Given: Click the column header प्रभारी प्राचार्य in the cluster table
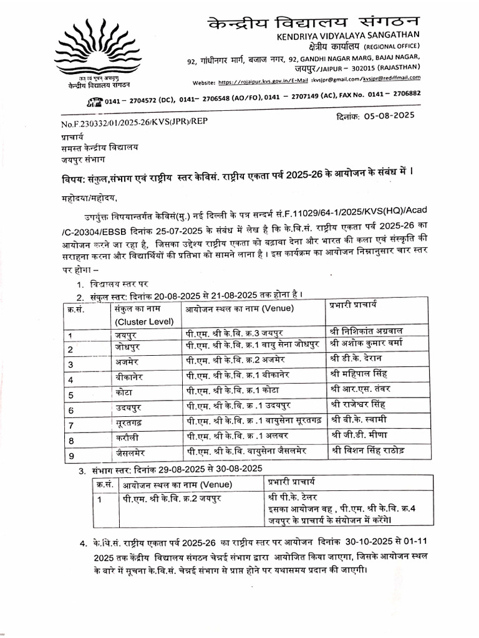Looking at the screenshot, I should (353, 305).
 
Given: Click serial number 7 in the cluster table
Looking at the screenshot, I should (71, 426).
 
